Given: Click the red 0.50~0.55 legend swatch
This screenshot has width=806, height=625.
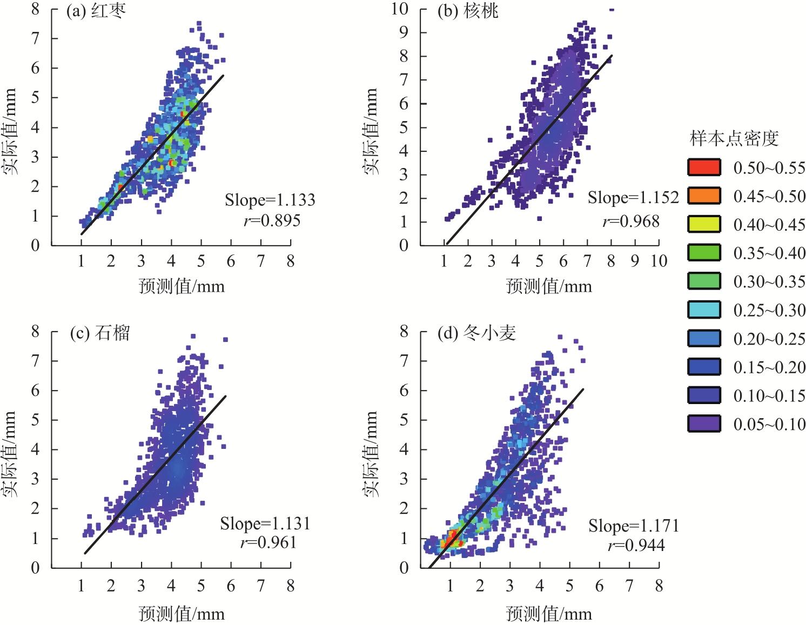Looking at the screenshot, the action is [703, 167].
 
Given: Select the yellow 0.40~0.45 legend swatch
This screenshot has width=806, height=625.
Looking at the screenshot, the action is [703, 224].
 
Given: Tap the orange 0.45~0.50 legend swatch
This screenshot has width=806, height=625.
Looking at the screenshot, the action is [703, 196].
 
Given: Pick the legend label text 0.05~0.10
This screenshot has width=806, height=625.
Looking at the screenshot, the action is [769, 424].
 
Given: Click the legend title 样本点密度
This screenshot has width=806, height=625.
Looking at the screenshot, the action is [734, 139].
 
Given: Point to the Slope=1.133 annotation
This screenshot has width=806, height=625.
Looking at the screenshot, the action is [270, 200].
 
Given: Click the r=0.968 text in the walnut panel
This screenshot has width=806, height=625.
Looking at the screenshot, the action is [631, 221].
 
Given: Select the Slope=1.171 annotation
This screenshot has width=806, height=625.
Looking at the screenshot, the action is [634, 526].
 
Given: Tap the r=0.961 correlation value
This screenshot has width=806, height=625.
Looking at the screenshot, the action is [268, 543].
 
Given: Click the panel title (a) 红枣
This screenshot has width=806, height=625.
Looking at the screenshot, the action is [96, 11].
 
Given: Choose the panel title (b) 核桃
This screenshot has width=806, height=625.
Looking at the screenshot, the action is [468, 12].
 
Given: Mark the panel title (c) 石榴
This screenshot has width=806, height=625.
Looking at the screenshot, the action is [100, 333].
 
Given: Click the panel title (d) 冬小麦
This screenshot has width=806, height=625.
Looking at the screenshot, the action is [476, 333].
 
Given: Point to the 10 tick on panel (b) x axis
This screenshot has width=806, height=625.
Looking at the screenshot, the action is [659, 261].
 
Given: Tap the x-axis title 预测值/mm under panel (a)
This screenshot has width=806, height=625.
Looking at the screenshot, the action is [182, 286].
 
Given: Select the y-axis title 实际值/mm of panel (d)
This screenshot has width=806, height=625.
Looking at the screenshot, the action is [371, 454].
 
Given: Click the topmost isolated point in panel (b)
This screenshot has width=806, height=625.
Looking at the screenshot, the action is [612, 10].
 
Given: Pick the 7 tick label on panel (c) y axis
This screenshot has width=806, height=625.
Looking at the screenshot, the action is [35, 360].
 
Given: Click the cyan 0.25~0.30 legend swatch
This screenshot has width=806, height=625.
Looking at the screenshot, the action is [703, 310].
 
